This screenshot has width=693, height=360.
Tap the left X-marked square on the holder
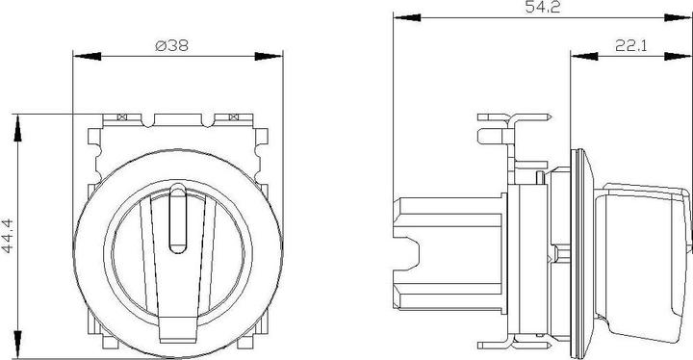pos(120,117)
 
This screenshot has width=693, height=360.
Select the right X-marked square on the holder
pos(233,117)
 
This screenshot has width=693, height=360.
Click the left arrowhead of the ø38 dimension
pos(79,56)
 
